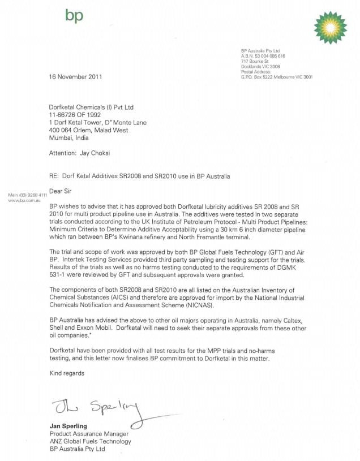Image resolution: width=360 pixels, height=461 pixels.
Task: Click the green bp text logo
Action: click(x=74, y=16)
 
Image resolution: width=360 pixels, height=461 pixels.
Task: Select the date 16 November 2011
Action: click(x=76, y=77)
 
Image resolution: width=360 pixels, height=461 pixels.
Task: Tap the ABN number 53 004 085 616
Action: click(x=271, y=56)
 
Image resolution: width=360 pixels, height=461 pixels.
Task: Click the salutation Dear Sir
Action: click(x=61, y=191)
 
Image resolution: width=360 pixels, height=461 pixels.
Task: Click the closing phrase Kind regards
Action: click(x=67, y=373)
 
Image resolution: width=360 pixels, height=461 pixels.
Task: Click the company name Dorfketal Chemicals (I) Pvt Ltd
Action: click(x=92, y=107)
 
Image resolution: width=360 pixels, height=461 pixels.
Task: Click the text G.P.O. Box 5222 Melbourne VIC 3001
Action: click(x=277, y=76)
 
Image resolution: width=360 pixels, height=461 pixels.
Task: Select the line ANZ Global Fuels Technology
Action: click(x=91, y=441)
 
